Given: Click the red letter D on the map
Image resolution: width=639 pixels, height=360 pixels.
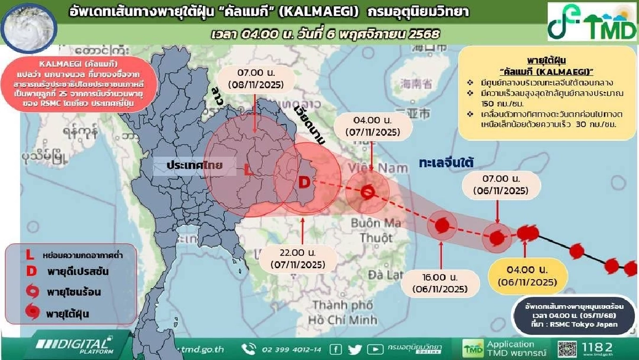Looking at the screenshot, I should [x=304, y=183].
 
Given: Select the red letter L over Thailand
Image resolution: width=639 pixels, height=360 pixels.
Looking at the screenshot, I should [x=248, y=170].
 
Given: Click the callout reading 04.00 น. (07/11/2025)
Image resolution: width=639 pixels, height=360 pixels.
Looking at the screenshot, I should [x=370, y=126].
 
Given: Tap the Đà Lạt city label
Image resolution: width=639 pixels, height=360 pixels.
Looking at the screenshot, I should [x=380, y=275].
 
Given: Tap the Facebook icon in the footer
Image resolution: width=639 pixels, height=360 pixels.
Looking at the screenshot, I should [x=335, y=349].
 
